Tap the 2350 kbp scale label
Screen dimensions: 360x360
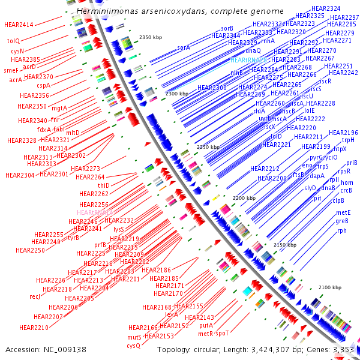[x=151, y=37]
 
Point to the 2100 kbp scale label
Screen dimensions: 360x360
[x=329, y=287]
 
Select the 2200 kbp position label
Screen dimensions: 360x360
[x=244, y=197]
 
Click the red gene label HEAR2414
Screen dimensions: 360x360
[x=19, y=25]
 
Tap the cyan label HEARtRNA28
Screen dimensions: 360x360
[x=248, y=61]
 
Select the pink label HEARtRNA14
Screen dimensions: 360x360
[x=96, y=212]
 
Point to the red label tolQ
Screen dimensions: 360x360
[x=13, y=41]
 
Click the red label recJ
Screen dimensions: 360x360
[x=34, y=296]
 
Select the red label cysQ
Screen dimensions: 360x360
[x=133, y=346]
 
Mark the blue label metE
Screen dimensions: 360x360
[x=343, y=212]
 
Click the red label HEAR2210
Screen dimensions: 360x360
[x=34, y=328]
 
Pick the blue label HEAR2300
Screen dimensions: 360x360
[x=212, y=88]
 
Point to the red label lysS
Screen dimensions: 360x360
[x=119, y=229]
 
